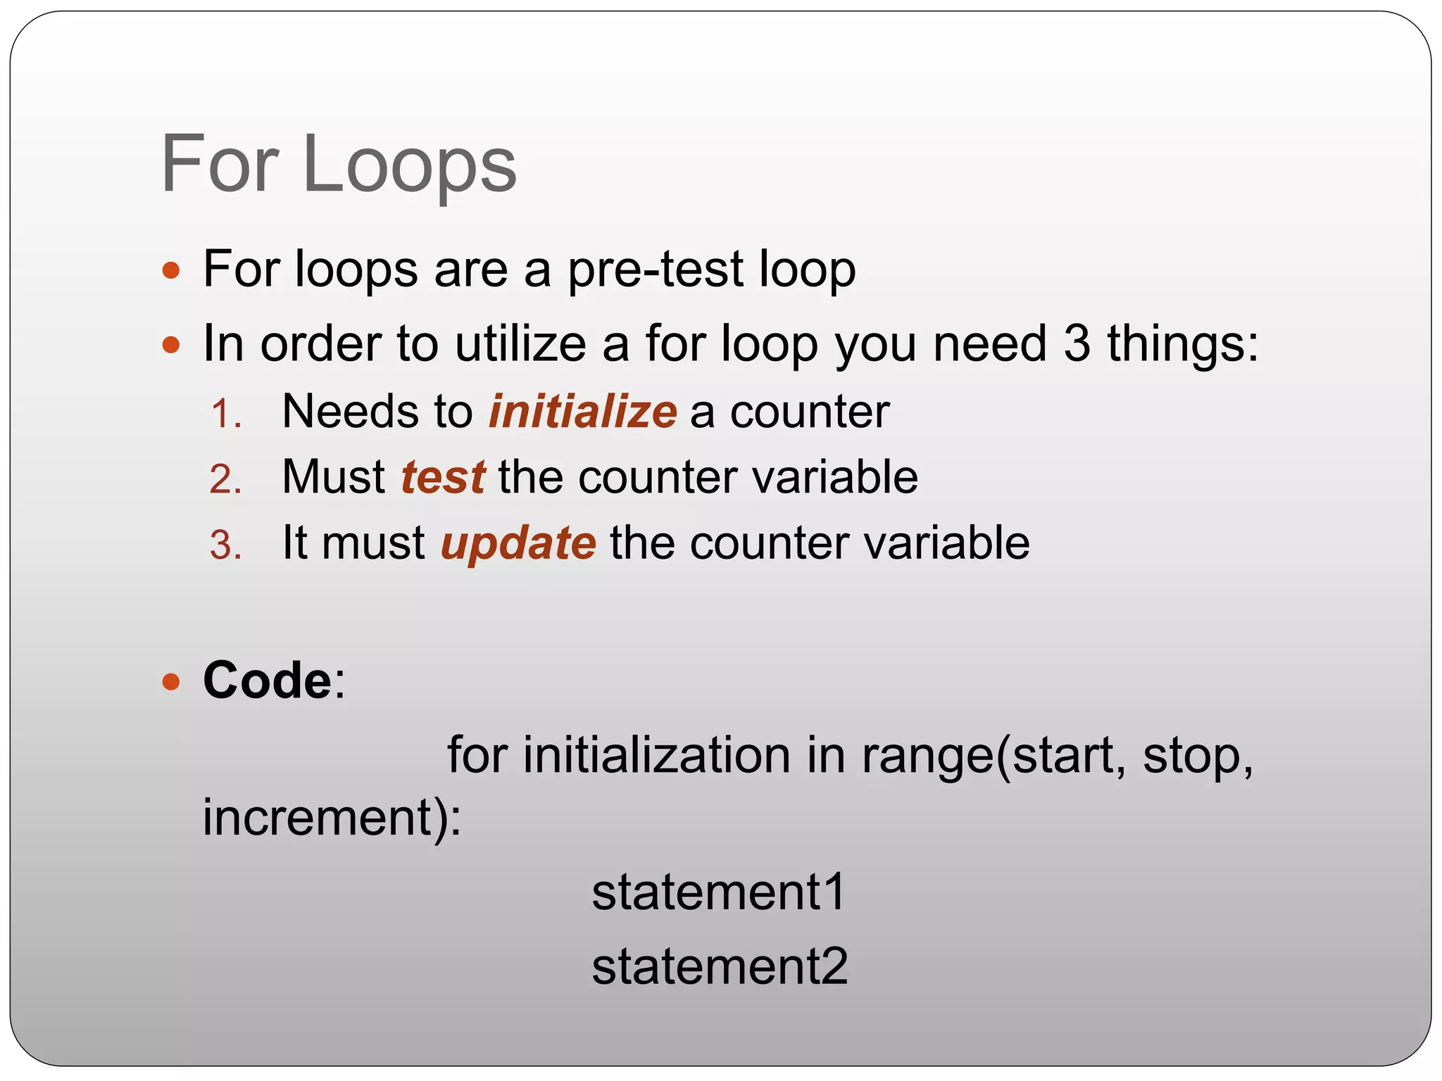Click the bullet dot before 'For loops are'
171,270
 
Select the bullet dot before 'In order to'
171,345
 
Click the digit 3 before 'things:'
1077,345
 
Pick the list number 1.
226,415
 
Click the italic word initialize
582,412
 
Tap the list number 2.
226,480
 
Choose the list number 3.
226,545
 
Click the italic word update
518,544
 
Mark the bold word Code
268,681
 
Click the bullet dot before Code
171,681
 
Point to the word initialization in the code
656,756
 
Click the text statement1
718,892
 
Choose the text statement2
720,967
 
